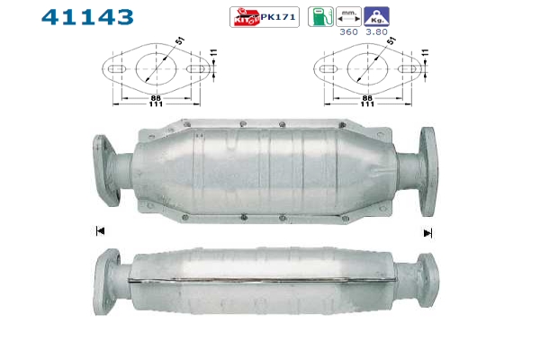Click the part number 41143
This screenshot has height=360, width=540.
tap(87, 17)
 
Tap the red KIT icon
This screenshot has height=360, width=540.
tap(246, 17)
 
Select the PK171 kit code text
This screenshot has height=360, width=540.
tap(278, 17)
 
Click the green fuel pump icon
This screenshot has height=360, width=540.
tap(320, 16)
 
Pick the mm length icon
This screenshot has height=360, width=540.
tap(348, 16)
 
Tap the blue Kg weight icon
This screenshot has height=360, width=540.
tap(377, 16)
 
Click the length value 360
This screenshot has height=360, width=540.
tap(348, 32)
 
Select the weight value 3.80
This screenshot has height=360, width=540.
tap(377, 32)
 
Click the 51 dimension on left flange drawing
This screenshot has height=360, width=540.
tap(180, 40)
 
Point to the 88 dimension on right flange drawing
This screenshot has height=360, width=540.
tap(367, 98)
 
